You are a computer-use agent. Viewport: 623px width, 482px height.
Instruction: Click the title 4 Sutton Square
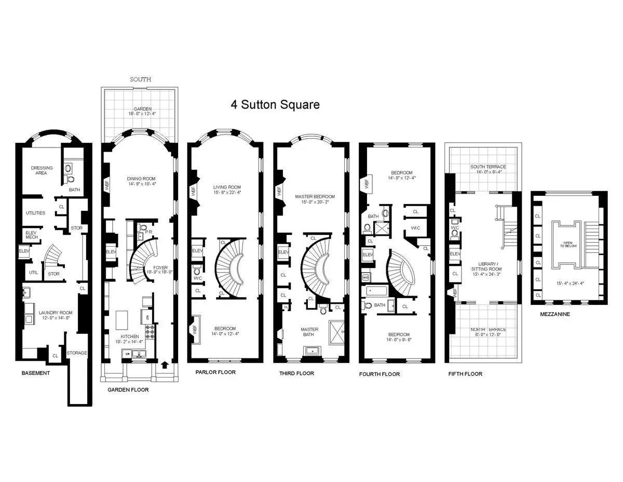tap(275, 104)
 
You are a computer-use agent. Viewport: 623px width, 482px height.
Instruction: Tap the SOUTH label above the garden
tap(140, 79)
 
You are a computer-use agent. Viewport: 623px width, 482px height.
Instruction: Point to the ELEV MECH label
tap(31, 235)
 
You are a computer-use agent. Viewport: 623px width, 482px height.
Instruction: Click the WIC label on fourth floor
tap(415, 228)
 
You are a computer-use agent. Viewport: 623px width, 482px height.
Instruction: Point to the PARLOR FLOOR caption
tap(215, 372)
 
